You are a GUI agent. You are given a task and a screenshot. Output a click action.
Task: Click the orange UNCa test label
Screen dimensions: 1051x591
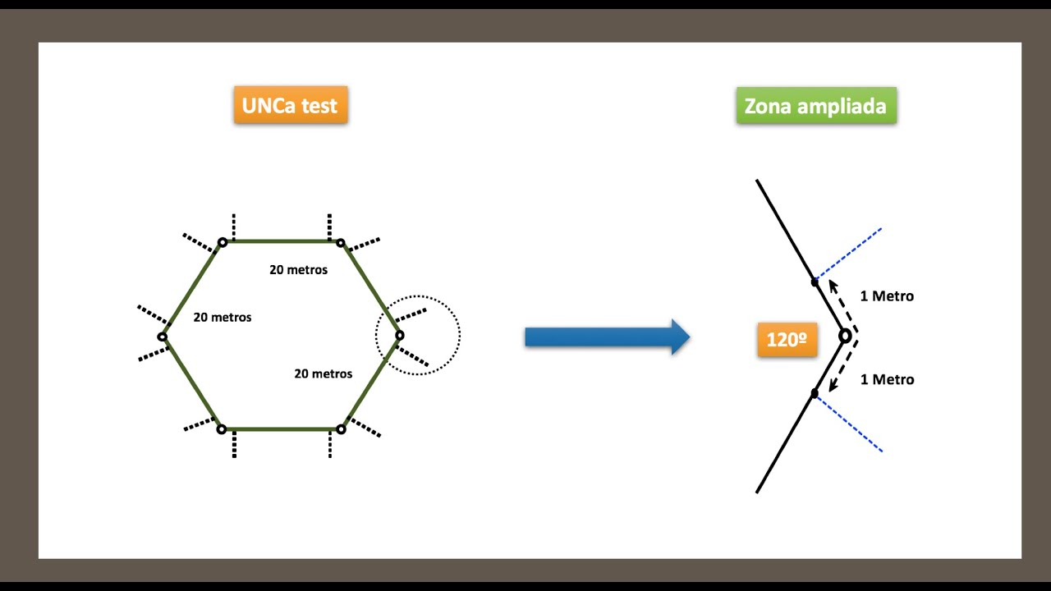click(x=291, y=104)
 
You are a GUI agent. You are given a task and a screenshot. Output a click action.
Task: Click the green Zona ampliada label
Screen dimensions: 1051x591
click(x=816, y=106)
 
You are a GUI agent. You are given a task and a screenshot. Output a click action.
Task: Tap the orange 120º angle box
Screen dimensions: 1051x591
click(x=787, y=340)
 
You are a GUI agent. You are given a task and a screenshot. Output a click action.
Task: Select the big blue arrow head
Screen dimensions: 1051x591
click(x=681, y=337)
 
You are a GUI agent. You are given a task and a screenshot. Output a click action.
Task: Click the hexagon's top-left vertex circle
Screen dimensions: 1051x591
click(x=223, y=242)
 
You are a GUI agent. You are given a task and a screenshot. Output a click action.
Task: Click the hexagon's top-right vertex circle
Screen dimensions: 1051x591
click(x=341, y=243)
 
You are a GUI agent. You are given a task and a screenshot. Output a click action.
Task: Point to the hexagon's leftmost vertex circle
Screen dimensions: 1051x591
click(x=163, y=337)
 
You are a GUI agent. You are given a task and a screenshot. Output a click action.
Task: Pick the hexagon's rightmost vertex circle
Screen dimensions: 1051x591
click(x=400, y=336)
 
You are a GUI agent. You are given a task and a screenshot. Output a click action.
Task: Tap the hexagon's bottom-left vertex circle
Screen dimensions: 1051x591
click(x=222, y=429)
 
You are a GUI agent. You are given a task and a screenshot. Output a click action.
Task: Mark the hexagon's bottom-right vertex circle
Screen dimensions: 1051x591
click(x=341, y=429)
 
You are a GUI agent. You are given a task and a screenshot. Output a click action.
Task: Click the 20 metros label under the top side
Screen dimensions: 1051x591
click(x=298, y=270)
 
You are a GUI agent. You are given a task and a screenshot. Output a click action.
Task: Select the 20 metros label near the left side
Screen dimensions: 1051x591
click(x=223, y=317)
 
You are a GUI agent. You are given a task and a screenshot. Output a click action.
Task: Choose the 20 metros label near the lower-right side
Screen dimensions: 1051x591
click(x=324, y=373)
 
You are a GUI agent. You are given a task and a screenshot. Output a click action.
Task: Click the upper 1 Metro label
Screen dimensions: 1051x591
click(x=887, y=296)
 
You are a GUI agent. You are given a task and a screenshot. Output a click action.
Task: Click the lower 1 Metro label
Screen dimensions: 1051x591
click(x=888, y=379)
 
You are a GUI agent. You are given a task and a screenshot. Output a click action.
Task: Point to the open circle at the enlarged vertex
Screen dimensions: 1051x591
click(x=845, y=336)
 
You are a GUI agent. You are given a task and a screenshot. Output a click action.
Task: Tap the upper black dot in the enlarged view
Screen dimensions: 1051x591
click(x=815, y=282)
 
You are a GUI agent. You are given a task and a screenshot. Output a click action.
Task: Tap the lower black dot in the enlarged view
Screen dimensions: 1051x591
click(x=815, y=393)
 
